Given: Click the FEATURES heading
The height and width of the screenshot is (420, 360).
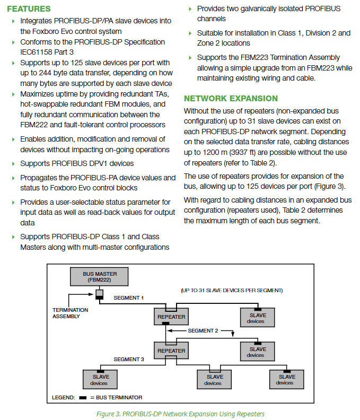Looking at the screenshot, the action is pyautogui.click(x=29, y=9).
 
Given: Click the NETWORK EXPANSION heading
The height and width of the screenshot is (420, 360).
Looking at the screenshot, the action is pyautogui.click(x=231, y=99).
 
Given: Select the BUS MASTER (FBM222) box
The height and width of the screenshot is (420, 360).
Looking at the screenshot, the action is pyautogui.click(x=99, y=276).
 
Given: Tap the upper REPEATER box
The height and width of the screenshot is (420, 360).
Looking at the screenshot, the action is pyautogui.click(x=171, y=317).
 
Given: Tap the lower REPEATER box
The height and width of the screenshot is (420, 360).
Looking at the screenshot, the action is pyautogui.click(x=171, y=351).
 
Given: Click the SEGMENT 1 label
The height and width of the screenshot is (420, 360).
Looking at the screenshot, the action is pyautogui.click(x=128, y=298).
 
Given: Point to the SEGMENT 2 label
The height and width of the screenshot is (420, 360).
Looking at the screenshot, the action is pyautogui.click(x=203, y=331).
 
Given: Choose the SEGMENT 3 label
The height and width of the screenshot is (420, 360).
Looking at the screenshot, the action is pyautogui.click(x=129, y=359).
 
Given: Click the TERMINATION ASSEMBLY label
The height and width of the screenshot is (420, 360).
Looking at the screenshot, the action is pyautogui.click(x=70, y=313).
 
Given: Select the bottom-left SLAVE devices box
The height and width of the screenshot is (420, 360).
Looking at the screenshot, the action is pyautogui.click(x=100, y=380).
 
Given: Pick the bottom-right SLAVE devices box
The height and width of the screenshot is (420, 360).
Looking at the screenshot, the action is pyautogui.click(x=287, y=380).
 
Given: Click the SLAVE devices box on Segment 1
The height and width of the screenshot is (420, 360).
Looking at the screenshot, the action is pyautogui.click(x=258, y=318).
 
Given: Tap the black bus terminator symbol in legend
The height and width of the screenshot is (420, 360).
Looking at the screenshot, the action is pyautogui.click(x=83, y=398).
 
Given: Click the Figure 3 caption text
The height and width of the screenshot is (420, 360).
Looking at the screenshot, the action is pyautogui.click(x=180, y=414).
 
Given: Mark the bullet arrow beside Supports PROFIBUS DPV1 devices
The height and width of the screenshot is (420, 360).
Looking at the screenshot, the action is pyautogui.click(x=13, y=164).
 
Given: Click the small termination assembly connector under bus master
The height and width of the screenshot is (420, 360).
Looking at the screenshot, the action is pyautogui.click(x=99, y=295).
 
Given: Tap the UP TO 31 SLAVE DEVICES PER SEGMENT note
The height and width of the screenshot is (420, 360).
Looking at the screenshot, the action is pyautogui.click(x=232, y=291).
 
